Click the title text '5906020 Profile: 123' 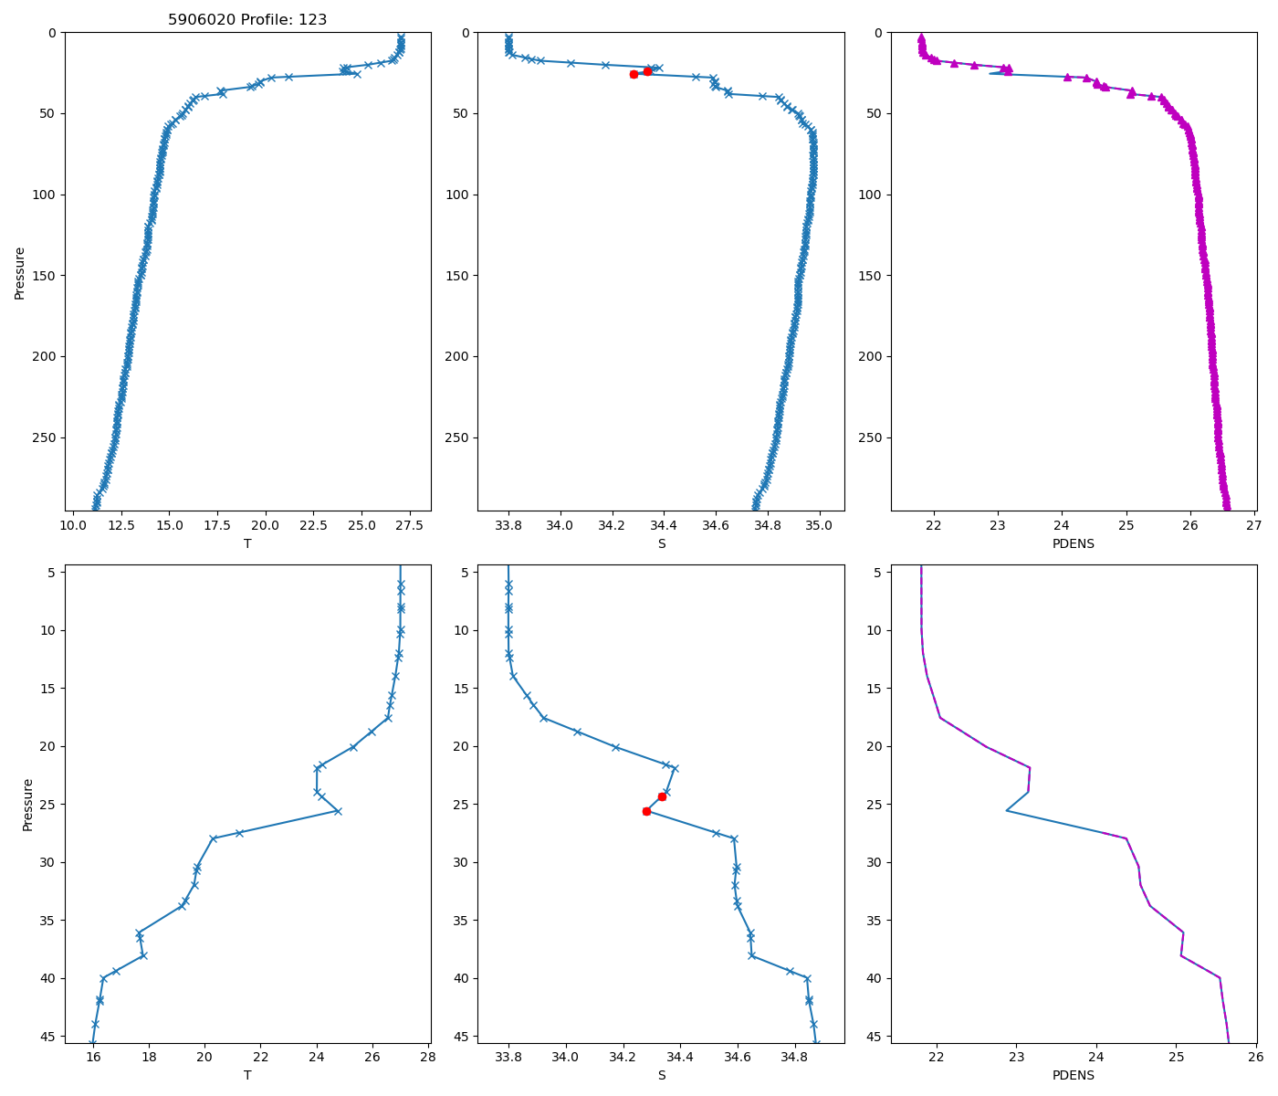(x=247, y=19)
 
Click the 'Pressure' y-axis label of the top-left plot (x=20, y=272)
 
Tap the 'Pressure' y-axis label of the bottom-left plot (x=27, y=805)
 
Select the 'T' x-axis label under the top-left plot (x=247, y=543)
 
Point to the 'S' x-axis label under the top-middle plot (x=662, y=543)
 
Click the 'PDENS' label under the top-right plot (x=1074, y=543)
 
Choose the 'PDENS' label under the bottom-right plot (x=1074, y=1075)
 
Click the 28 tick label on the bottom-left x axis (x=427, y=1059)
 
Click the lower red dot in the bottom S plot (x=646, y=811)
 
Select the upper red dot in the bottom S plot (x=662, y=796)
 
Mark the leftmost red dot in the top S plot (x=634, y=74)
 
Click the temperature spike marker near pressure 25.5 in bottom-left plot (x=338, y=811)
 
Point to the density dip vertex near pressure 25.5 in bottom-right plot (x=1007, y=811)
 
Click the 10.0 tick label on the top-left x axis (x=73, y=526)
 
